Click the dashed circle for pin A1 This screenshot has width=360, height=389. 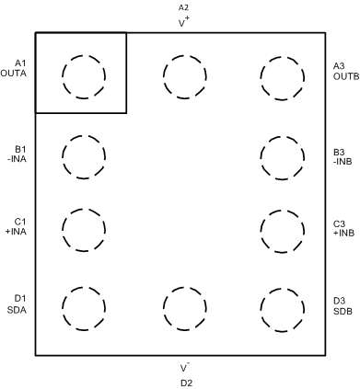pyautogui.click(x=84, y=74)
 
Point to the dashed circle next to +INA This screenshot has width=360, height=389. pyautogui.click(x=84, y=226)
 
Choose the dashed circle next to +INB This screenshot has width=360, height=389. pyautogui.click(x=281, y=227)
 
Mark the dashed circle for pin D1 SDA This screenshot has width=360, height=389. pyautogui.click(x=84, y=305)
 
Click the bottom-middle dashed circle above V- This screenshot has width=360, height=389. pyautogui.click(x=182, y=306)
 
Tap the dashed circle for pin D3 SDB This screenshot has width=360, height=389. pyautogui.click(x=281, y=306)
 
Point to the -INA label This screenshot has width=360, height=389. pyautogui.click(x=19, y=159)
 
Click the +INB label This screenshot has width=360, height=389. pyautogui.click(x=345, y=233)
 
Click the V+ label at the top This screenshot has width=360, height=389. pyautogui.click(x=183, y=20)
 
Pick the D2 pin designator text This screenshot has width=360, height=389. pyautogui.click(x=185, y=382)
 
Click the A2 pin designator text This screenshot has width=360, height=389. pyautogui.click(x=183, y=7)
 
